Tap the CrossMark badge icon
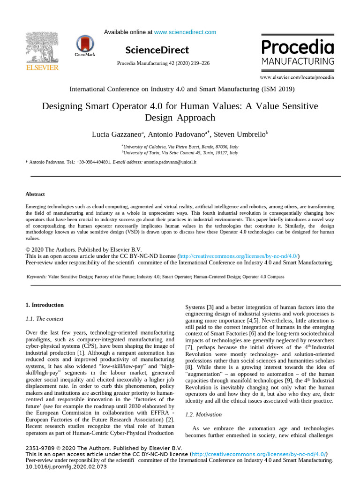(x=84, y=47)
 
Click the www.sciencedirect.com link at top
(x=185, y=32)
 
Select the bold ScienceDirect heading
(x=157, y=50)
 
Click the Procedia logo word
(x=297, y=47)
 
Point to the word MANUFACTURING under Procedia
(x=298, y=61)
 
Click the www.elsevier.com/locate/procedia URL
(x=297, y=77)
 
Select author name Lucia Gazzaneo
(x=118, y=135)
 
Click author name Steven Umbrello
(x=240, y=135)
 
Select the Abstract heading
(x=35, y=194)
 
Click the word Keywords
(x=36, y=277)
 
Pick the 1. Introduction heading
(x=45, y=305)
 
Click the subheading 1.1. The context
(x=44, y=319)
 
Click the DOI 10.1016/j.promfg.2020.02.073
(x=66, y=467)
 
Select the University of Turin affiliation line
(x=180, y=153)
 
